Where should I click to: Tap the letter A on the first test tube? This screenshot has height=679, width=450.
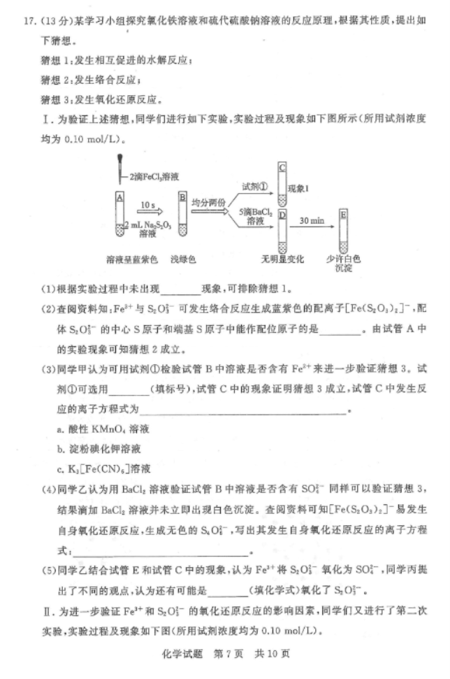pyautogui.click(x=120, y=199)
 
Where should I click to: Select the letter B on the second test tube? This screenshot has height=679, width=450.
pyautogui.click(x=182, y=199)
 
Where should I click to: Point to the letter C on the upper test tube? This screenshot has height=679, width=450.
pyautogui.click(x=282, y=168)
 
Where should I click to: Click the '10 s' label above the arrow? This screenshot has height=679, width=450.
pyautogui.click(x=147, y=204)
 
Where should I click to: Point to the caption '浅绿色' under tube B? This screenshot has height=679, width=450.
pyautogui.click(x=183, y=259)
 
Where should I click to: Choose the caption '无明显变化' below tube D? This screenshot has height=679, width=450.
pyautogui.click(x=283, y=259)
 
